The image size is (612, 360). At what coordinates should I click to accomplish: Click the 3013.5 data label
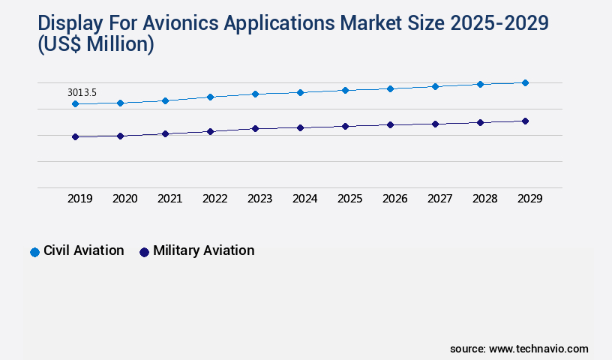pos(82,92)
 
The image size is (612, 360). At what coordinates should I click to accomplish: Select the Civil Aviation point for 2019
pos(75,103)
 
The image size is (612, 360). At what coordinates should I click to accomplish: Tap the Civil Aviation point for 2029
pos(525,82)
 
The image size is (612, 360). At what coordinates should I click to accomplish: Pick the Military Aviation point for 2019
pos(75,136)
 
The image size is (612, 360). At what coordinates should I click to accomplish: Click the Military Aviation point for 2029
pos(525,121)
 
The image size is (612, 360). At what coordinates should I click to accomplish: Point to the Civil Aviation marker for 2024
pos(300,92)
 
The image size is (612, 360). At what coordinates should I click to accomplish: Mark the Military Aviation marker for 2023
pos(255,128)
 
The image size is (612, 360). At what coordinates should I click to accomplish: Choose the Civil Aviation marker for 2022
pos(210,97)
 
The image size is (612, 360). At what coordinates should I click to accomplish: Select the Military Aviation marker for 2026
pos(390,124)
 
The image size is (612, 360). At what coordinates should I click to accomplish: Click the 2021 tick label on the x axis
pos(169,199)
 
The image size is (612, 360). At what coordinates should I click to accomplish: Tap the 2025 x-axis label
pos(349,199)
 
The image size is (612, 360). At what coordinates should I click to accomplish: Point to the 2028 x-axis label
pos(484,199)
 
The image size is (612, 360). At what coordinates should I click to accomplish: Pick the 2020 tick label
pos(124,199)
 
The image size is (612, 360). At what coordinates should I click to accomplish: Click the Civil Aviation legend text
pos(83,250)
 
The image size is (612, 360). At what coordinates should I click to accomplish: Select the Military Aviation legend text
pos(203,250)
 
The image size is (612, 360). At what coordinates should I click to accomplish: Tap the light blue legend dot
pos(34,252)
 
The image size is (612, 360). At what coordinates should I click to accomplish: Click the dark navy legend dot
pos(145,252)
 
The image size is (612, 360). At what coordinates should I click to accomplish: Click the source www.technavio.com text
pos(519,349)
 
